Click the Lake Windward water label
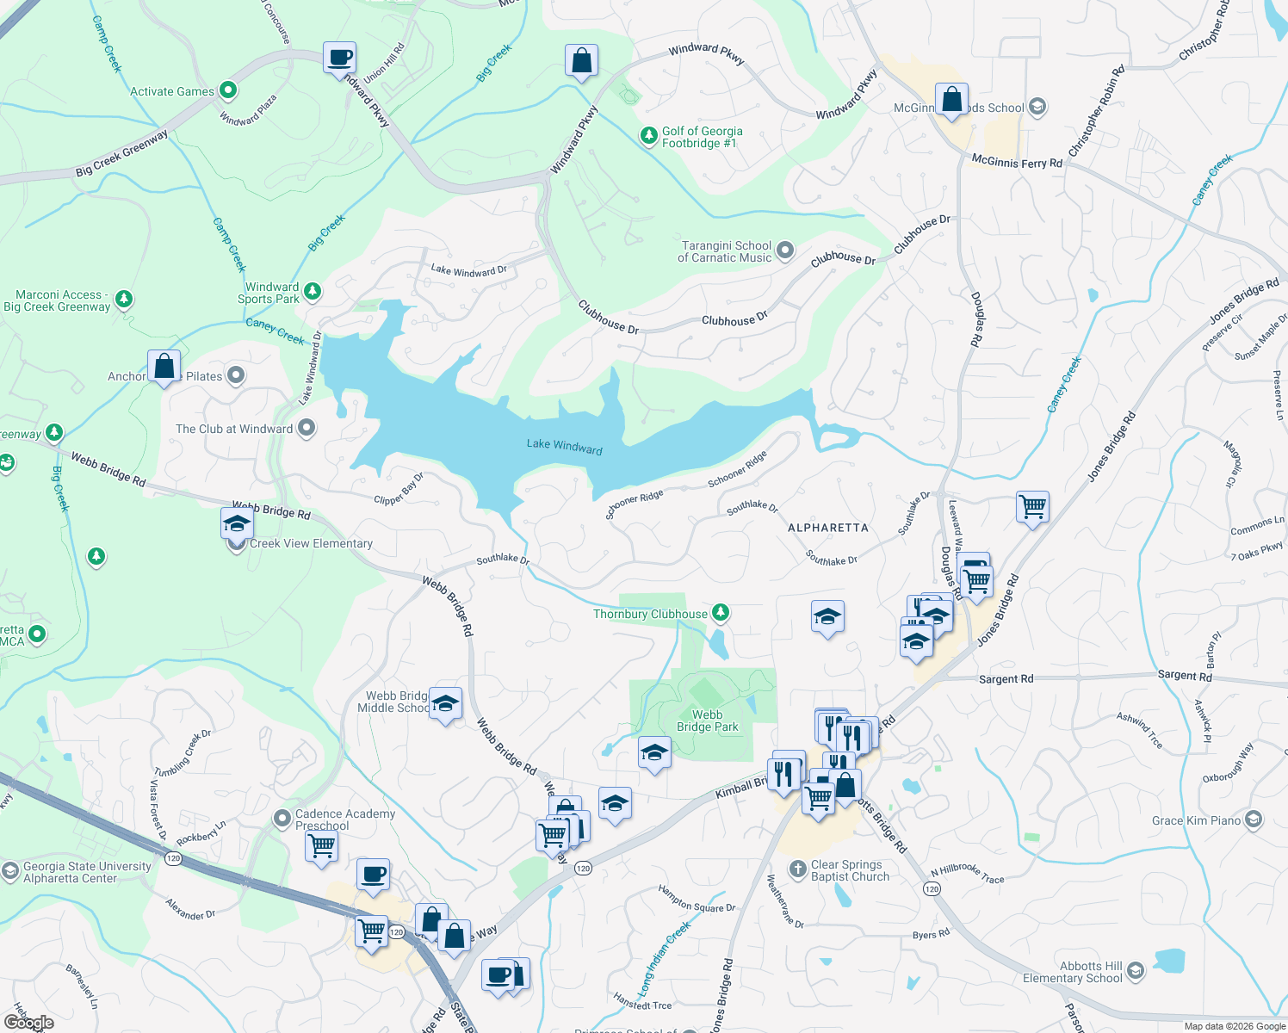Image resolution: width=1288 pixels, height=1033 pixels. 564,445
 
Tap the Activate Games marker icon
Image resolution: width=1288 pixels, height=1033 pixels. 228,90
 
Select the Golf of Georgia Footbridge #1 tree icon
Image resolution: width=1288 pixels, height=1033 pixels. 648,136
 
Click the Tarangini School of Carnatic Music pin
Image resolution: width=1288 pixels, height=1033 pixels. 784,251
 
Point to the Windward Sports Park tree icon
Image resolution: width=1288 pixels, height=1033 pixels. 313,292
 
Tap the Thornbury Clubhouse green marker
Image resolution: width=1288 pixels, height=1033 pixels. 721,613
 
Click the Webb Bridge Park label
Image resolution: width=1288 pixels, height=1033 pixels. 707,721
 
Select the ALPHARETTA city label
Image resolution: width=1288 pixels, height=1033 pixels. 828,527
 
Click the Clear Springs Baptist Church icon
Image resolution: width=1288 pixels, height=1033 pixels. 798,869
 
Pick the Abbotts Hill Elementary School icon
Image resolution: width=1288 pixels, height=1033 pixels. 1136,971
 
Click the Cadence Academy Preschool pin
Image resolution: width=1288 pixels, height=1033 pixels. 282,818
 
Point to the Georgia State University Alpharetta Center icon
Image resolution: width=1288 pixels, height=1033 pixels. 9,871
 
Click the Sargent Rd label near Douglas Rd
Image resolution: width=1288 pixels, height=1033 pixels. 1006,679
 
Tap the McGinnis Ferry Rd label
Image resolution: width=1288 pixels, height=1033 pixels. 1017,162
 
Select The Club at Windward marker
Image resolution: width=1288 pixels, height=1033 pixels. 306,428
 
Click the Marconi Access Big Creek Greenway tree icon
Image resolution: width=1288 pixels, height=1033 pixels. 124,300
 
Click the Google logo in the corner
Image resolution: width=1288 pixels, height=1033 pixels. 28,1023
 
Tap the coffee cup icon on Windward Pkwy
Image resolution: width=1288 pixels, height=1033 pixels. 340,58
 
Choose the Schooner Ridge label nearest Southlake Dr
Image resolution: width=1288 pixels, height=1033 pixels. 634,504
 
